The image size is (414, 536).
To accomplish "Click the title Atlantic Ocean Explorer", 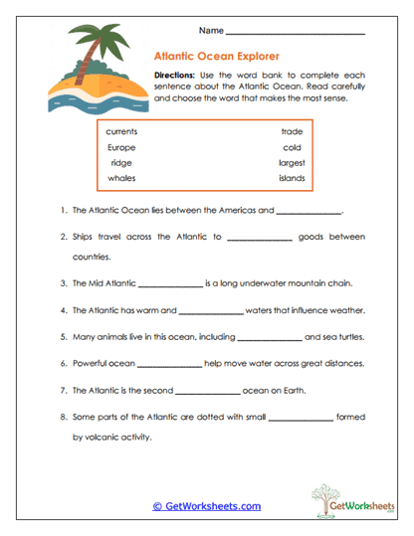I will (216, 57).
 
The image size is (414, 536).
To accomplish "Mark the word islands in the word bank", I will (292, 179).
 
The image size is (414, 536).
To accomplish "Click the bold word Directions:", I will (178, 76).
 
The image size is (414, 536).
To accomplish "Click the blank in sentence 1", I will (309, 212).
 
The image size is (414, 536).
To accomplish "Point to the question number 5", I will (63, 336).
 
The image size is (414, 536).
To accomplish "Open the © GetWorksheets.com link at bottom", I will (207, 506).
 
